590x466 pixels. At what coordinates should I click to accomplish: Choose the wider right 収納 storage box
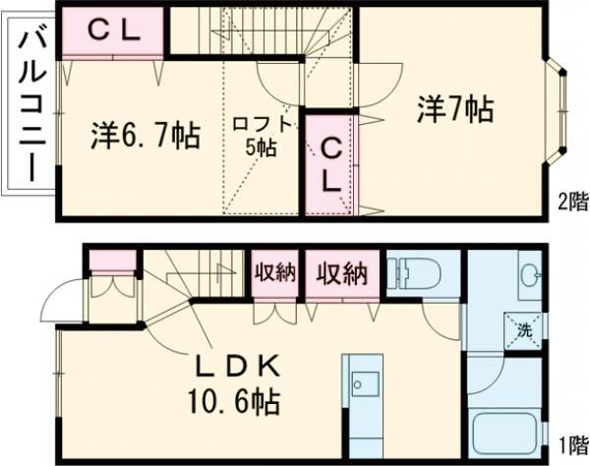click(341, 273)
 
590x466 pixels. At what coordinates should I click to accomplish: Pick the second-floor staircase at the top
click(261, 39)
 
